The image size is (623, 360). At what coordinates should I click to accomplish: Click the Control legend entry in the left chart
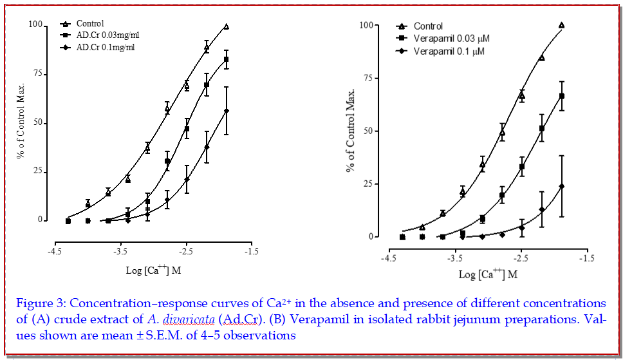pyautogui.click(x=90, y=24)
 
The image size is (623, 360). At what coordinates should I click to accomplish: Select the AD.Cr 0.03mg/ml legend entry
pyautogui.click(x=106, y=35)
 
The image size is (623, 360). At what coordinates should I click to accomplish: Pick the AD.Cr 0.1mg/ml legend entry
pyautogui.click(x=103, y=47)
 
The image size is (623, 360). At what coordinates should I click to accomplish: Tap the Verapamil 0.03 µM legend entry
pyautogui.click(x=451, y=39)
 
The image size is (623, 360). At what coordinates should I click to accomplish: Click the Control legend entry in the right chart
pyautogui.click(x=428, y=26)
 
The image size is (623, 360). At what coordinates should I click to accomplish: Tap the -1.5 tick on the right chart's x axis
pyautogui.click(x=585, y=258)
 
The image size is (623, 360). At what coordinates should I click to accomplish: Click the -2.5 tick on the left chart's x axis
pyautogui.click(x=186, y=251)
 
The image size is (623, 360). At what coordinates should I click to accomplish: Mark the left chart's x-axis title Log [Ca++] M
pyautogui.click(x=154, y=270)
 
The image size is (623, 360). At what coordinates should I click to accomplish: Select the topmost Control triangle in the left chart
pyautogui.click(x=227, y=26)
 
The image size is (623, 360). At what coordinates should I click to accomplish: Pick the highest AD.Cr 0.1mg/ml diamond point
pyautogui.click(x=227, y=111)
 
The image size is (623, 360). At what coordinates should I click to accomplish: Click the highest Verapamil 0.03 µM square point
pyautogui.click(x=562, y=96)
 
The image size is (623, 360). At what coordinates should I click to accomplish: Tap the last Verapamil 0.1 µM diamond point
pyautogui.click(x=562, y=186)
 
